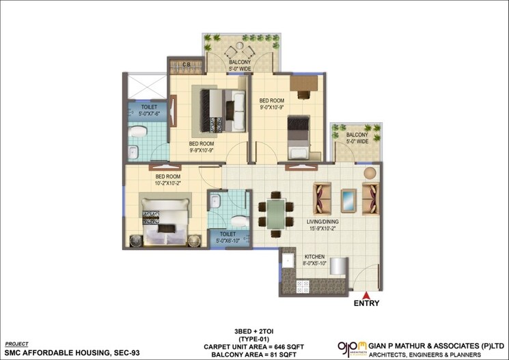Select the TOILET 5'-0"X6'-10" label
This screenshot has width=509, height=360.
[x=229, y=238]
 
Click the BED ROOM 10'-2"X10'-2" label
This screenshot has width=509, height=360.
[x=166, y=180]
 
